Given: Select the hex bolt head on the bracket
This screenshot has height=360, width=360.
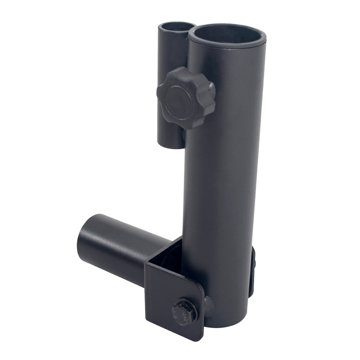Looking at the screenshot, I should click(184, 311).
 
